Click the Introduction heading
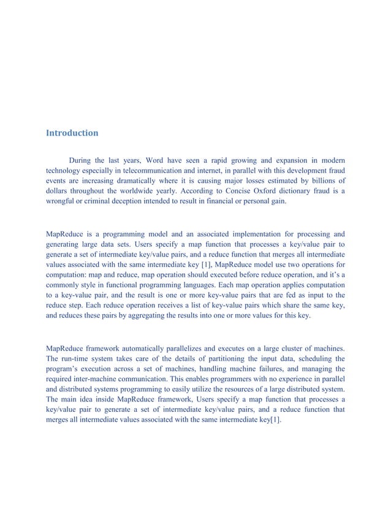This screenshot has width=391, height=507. [72, 133]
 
